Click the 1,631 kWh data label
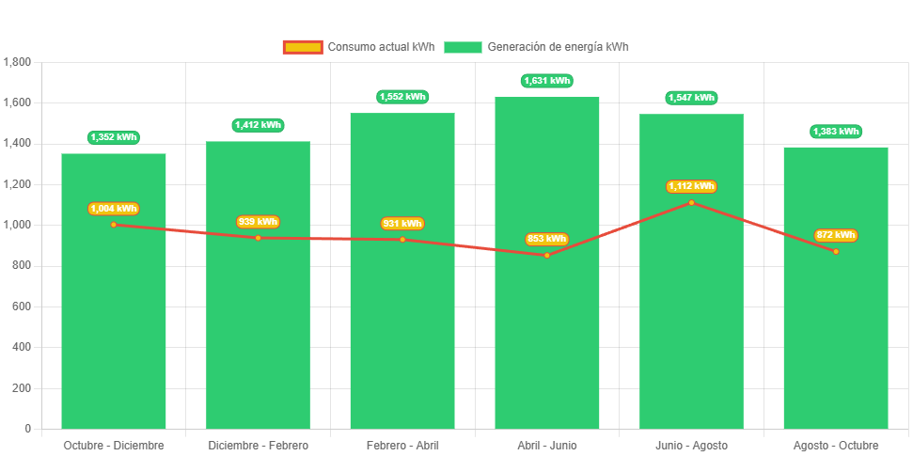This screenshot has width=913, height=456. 546,81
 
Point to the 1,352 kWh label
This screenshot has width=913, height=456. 114,137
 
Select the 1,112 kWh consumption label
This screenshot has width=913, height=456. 691,186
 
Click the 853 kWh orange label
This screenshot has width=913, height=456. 546,239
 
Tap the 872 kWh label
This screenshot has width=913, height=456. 836,235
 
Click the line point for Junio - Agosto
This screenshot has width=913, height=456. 691,202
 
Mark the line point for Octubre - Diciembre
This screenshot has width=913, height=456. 114,225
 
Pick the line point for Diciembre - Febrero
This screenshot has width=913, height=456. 258,238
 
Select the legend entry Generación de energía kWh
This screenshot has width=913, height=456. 536,47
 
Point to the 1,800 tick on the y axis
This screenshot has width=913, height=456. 18,62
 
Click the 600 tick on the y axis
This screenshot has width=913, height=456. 22,307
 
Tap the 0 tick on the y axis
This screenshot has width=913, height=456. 28,429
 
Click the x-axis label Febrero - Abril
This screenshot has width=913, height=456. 402,445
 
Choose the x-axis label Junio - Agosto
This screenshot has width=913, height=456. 691,445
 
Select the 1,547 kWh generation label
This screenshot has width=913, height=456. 691,98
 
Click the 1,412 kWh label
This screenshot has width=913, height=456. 258,125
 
